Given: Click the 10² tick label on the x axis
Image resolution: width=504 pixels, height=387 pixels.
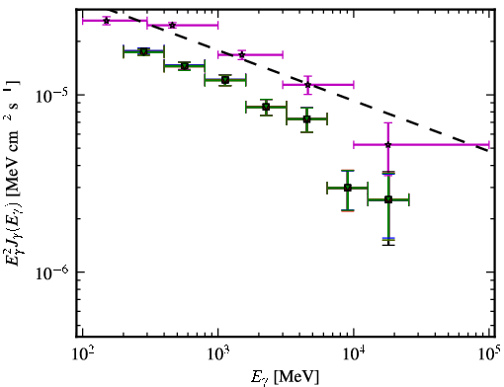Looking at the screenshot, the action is [x=82, y=354].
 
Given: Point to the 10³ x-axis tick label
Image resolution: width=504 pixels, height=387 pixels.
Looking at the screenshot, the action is [x=218, y=354].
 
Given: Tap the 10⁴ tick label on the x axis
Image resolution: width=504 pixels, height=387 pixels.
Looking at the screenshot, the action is [x=354, y=354].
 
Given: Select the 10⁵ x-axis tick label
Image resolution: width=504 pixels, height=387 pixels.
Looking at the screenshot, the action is [x=489, y=354].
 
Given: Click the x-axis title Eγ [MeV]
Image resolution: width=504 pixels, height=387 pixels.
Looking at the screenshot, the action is [x=285, y=377].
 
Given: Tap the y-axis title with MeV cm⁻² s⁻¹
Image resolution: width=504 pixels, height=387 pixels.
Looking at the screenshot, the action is [x=14, y=173].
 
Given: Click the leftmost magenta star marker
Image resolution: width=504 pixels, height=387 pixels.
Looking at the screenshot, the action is [x=106, y=21].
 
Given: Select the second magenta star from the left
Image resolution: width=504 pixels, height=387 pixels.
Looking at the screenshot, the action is [x=172, y=26].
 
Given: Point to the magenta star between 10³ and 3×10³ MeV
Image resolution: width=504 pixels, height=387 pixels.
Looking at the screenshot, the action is [x=242, y=54].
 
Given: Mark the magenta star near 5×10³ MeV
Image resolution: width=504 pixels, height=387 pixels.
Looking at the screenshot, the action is [x=307, y=85].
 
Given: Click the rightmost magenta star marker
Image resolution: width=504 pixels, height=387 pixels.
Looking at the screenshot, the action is [x=388, y=145].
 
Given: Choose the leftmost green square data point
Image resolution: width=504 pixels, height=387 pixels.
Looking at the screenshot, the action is [x=143, y=51].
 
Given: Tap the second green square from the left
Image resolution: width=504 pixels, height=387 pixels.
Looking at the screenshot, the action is [x=185, y=66].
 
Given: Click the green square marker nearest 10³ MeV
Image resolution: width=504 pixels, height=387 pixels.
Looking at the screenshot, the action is [x=225, y=80].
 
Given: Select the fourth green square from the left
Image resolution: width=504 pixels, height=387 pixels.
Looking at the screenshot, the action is [x=266, y=107].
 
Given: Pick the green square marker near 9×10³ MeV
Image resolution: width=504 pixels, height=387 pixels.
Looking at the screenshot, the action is [x=348, y=188].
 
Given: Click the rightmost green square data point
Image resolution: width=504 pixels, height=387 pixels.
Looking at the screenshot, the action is [x=388, y=199].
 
